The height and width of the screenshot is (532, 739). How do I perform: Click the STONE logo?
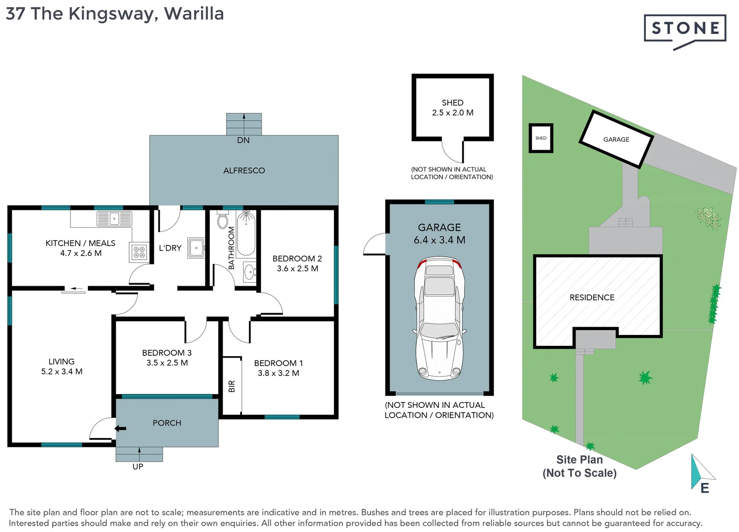click(x=685, y=29)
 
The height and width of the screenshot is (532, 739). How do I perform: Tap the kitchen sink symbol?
click(x=114, y=218)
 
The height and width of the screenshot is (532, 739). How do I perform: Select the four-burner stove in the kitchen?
click(x=139, y=252)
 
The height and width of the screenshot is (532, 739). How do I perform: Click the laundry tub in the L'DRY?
click(x=196, y=247)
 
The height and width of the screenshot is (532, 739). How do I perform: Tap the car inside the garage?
click(x=439, y=318)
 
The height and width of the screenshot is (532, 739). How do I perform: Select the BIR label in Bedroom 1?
click(x=232, y=386)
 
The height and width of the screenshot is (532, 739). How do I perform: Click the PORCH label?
click(x=167, y=423)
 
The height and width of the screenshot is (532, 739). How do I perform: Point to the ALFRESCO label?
click(x=244, y=170)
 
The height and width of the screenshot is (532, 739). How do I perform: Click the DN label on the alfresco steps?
click(x=243, y=140)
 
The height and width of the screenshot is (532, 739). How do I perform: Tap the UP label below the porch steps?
click(x=138, y=466)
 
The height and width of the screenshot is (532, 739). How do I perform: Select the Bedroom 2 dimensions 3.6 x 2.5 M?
click(x=297, y=268)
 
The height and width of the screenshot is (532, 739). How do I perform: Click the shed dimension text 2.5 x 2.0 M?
click(x=452, y=113)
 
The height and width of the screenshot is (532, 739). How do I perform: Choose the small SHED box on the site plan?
click(x=541, y=138)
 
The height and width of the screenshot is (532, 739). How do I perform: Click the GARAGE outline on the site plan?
click(x=616, y=139)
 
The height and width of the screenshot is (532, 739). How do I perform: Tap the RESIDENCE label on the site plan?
click(x=592, y=298)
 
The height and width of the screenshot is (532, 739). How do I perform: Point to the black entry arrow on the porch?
click(x=121, y=429)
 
